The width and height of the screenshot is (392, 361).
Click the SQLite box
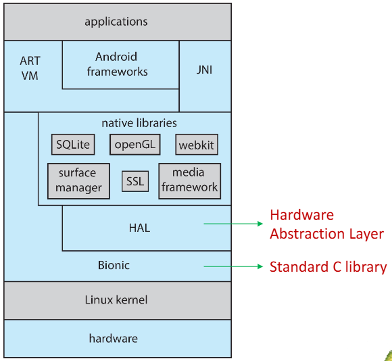pos(73,145)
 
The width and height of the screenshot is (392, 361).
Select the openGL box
pos(135,145)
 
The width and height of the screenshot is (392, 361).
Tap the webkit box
pos(197,145)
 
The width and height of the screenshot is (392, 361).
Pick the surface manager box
pos(78,181)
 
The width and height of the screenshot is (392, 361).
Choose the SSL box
pos(135,181)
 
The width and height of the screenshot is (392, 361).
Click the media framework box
pos(190,181)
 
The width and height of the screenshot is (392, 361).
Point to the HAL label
pos(139,228)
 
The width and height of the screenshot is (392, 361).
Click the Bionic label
pos(114,265)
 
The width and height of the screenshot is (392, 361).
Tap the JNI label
pos(205,70)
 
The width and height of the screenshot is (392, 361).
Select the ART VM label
pos(30,68)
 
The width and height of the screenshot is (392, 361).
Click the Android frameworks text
pos(117,64)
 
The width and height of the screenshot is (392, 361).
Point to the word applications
pos(116,22)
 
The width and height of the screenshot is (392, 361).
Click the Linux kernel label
pos(116,299)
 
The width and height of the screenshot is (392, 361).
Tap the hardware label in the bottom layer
pos(114,339)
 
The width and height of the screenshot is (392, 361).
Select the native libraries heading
pos(139,123)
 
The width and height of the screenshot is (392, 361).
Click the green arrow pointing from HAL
pos(233,224)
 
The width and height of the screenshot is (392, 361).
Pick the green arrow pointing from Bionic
pos(233,266)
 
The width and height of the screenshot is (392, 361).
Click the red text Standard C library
pos(328,267)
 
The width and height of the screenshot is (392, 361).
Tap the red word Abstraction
pos(308,234)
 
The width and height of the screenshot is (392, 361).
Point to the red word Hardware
pos(301,215)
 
